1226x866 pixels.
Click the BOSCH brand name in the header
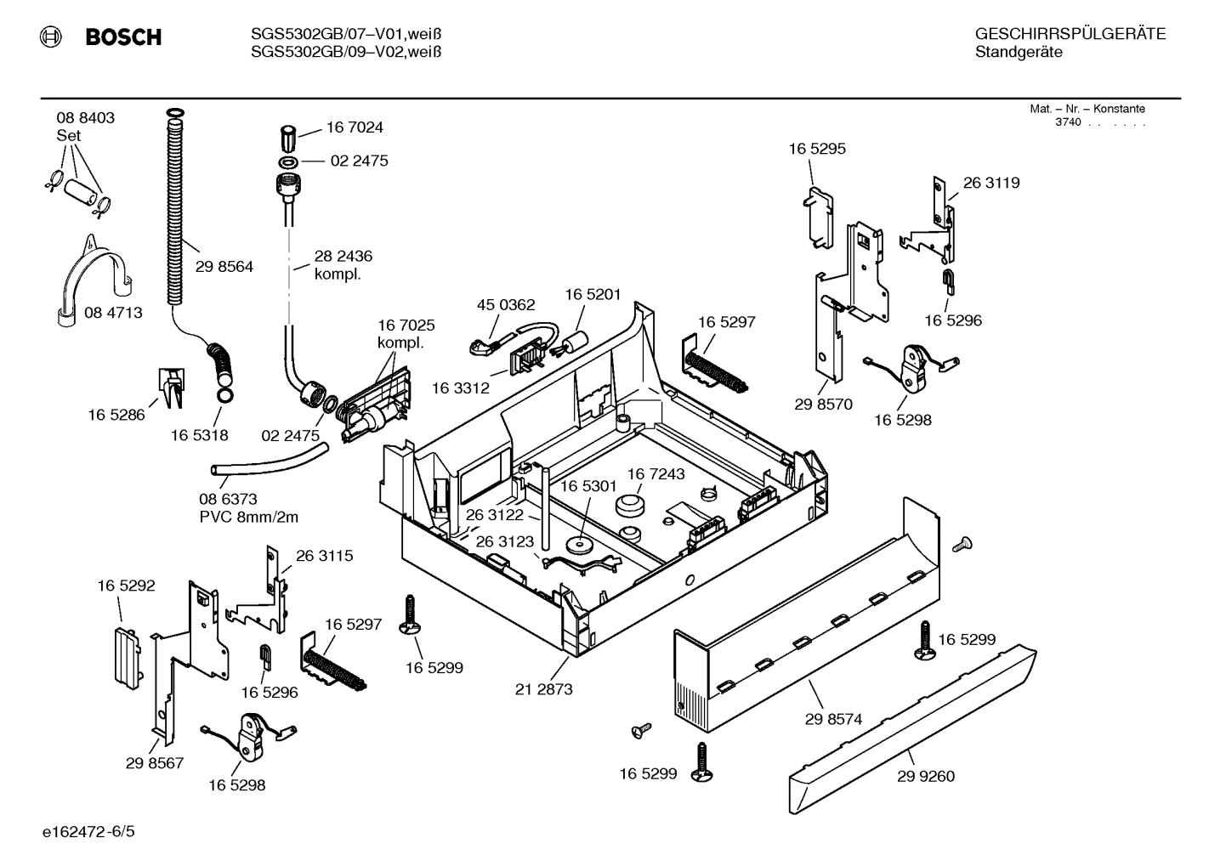[123, 37]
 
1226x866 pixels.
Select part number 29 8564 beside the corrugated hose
[224, 267]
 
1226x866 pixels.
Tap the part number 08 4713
[113, 313]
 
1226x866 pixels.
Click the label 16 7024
[355, 127]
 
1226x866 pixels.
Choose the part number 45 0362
[506, 305]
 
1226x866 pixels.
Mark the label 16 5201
[593, 295]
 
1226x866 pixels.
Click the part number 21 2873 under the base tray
[543, 689]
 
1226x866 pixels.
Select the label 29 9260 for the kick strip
[926, 776]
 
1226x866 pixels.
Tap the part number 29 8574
[833, 719]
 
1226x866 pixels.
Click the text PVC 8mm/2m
[249, 517]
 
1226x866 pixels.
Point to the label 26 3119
[991, 183]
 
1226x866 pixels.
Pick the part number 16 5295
[817, 149]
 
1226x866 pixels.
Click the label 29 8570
[823, 405]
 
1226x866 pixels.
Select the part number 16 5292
[126, 586]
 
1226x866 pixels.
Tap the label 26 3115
[324, 556]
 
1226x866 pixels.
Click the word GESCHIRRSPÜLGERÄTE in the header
[1070, 35]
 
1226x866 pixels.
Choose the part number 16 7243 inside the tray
[656, 473]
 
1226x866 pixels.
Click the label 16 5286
[116, 415]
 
